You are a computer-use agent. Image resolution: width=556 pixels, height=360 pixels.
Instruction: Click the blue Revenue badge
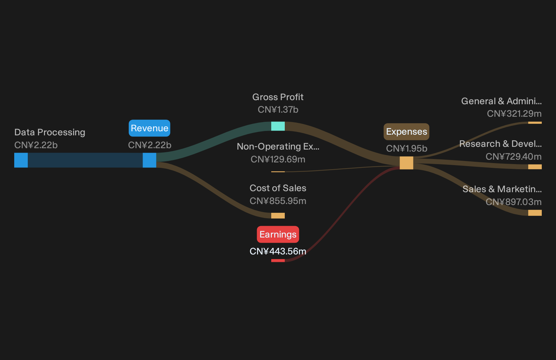click(149, 128)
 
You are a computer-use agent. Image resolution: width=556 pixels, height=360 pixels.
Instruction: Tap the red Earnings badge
click(278, 234)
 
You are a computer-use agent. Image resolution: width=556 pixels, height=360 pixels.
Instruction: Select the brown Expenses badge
click(406, 132)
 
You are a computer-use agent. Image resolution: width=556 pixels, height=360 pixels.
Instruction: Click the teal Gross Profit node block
click(278, 126)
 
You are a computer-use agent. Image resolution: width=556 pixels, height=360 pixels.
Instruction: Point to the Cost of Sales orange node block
click(278, 216)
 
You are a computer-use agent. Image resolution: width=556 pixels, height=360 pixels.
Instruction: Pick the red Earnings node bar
click(278, 261)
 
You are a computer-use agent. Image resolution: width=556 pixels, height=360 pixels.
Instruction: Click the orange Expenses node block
click(406, 163)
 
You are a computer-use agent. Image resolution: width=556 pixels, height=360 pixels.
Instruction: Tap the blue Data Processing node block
click(21, 160)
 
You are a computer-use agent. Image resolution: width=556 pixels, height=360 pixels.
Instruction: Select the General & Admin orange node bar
click(535, 122)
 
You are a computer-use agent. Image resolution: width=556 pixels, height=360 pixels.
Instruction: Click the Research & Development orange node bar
click(535, 167)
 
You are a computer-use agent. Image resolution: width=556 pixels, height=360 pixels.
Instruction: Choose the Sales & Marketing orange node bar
click(535, 212)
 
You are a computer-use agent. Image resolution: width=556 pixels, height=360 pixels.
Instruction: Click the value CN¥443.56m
click(278, 251)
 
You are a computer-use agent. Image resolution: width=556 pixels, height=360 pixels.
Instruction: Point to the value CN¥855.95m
click(278, 201)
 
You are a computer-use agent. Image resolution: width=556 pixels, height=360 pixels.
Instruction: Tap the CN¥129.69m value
click(278, 159)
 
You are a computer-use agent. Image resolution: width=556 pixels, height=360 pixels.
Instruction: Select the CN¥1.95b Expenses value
click(407, 149)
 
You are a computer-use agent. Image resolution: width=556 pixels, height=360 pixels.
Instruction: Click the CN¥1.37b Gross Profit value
click(278, 109)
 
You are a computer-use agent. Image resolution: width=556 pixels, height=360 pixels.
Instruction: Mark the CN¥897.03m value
click(514, 202)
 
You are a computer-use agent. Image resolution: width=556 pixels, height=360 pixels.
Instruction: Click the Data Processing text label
click(50, 132)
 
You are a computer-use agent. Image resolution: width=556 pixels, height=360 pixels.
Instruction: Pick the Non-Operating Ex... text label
click(278, 147)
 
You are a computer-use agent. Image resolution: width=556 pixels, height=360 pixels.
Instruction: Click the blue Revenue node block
click(149, 160)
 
